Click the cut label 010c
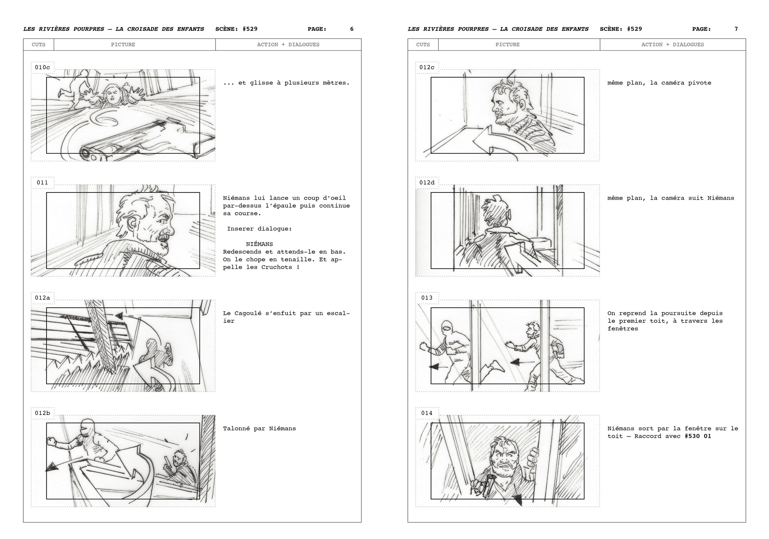[42, 67]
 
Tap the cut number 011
[42, 182]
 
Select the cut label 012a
[42, 298]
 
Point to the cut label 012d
[427, 182]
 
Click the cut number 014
[427, 413]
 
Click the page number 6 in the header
[352, 29]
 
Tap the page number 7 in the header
[736, 29]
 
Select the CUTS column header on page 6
[38, 44]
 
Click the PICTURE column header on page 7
[507, 44]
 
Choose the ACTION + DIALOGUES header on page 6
[288, 44]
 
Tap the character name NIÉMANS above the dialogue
[260, 244]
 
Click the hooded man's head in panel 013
[447, 330]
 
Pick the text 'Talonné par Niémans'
[260, 429]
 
